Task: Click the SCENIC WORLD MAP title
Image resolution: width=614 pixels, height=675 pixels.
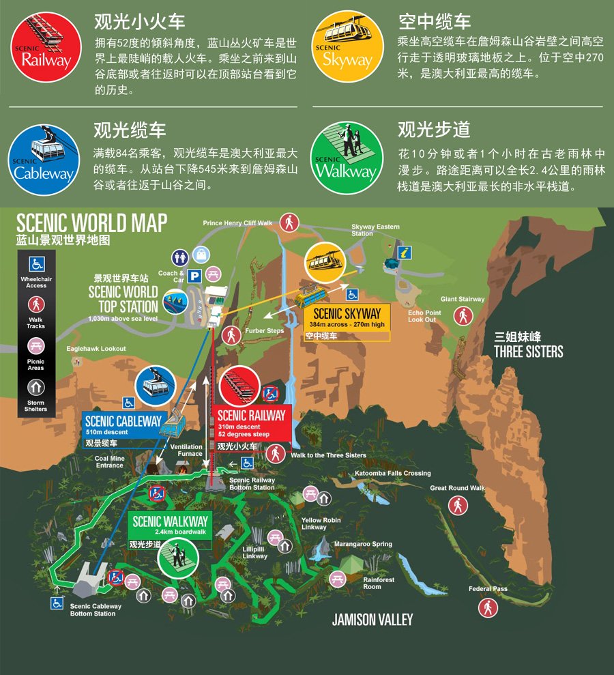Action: pyautogui.click(x=91, y=223)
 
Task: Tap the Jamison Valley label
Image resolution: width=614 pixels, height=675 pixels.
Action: pyautogui.click(x=372, y=620)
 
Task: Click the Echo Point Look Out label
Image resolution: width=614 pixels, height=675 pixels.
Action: pyautogui.click(x=424, y=316)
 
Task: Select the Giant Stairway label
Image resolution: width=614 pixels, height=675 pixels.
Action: pyautogui.click(x=463, y=299)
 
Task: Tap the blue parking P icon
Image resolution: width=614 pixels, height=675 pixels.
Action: pyautogui.click(x=195, y=276)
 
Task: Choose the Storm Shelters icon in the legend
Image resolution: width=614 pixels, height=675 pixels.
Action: pyautogui.click(x=36, y=388)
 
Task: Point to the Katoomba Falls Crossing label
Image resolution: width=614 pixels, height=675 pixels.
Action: pyautogui.click(x=393, y=473)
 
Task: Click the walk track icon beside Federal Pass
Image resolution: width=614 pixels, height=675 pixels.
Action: pyautogui.click(x=488, y=607)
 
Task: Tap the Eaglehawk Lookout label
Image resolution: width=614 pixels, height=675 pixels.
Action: pyautogui.click(x=96, y=349)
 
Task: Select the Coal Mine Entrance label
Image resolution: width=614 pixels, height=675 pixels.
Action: pyautogui.click(x=109, y=462)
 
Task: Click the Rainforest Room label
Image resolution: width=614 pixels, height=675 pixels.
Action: pyautogui.click(x=378, y=584)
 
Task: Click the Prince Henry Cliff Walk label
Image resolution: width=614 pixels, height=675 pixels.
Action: pyautogui.click(x=237, y=223)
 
